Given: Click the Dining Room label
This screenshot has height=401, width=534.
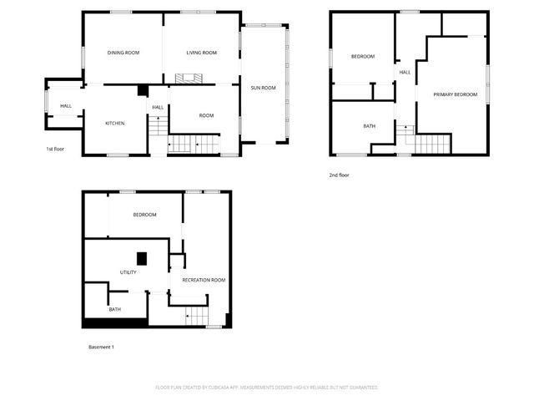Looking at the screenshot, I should click(123, 53).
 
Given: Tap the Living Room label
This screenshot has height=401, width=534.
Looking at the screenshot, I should click(201, 53).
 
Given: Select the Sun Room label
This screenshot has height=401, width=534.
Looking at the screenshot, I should click(263, 87).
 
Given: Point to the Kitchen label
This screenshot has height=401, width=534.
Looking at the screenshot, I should click(114, 124).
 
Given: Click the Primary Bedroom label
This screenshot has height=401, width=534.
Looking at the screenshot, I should click(455, 94).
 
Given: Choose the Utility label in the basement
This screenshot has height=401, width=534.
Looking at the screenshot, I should click(128, 272).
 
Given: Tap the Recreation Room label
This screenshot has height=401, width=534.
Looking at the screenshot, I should click(204, 280).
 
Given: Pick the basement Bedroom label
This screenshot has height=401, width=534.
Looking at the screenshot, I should click(144, 215).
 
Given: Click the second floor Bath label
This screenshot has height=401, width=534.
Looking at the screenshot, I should click(369, 126).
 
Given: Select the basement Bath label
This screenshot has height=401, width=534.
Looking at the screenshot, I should click(114, 310).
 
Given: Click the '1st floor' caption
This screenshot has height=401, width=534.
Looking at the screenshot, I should click(55, 150).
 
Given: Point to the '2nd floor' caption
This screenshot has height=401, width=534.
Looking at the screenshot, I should click(339, 175).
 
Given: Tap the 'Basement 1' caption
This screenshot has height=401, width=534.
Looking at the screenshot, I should click(101, 346).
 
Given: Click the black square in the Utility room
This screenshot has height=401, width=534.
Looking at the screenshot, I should click(142, 258).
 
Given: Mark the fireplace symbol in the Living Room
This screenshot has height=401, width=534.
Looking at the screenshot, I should click(189, 78).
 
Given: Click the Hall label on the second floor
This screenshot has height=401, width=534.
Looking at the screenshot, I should click(405, 73).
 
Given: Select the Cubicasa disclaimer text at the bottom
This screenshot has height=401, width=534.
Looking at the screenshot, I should click(267, 388).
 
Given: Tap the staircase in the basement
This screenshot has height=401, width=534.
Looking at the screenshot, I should click(195, 315).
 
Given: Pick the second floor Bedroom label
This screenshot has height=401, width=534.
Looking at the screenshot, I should click(362, 57).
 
